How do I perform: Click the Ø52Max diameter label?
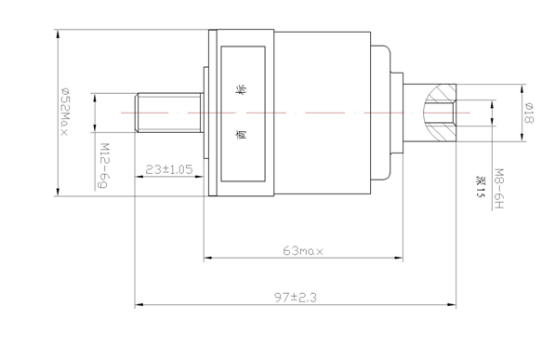coord(64,112)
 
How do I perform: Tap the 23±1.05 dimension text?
coord(169,169)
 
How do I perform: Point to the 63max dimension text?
coord(303,251)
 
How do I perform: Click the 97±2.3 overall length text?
coord(296,298)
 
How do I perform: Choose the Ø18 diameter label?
coord(528,113)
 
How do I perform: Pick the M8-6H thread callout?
coord(498,188)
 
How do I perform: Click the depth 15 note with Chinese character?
coord(480,187)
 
